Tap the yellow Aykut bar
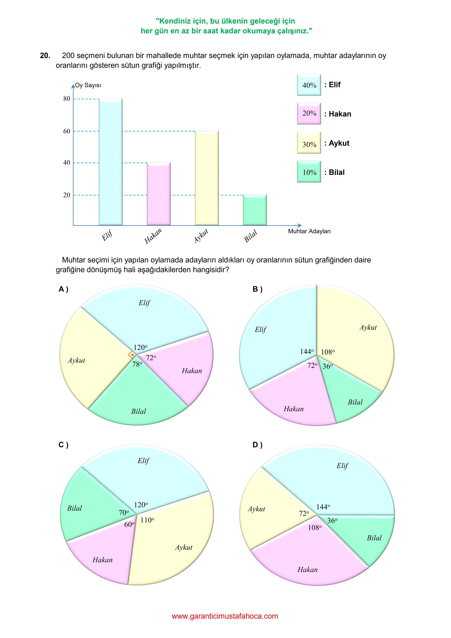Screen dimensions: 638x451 click(x=207, y=178)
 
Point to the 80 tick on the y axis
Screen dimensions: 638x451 click(x=67, y=99)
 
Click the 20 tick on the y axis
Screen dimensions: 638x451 click(x=67, y=195)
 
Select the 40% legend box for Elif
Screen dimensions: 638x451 click(x=309, y=85)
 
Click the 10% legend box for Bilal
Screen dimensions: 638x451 click(x=309, y=172)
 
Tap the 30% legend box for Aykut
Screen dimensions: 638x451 click(x=309, y=143)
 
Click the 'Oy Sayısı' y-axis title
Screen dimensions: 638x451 click(x=88, y=85)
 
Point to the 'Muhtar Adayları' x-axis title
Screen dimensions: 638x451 click(x=309, y=231)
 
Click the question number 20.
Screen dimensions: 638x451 click(x=45, y=56)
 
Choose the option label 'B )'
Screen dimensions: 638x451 click(x=257, y=289)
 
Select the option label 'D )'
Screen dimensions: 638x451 click(x=257, y=445)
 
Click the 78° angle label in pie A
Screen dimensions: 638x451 click(x=137, y=364)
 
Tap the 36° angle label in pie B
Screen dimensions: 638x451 click(x=328, y=366)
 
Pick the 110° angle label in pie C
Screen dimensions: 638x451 click(x=147, y=520)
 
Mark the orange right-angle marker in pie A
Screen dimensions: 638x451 click(x=132, y=355)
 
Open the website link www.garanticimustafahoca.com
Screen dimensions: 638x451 click(x=225, y=616)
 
